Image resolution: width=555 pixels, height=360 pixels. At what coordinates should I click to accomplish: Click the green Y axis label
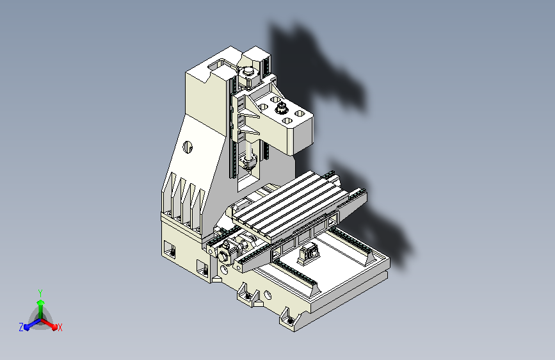[40, 293]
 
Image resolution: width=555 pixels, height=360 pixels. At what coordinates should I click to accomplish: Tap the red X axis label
[60, 327]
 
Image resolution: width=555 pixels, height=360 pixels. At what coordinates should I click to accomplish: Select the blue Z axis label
[21, 327]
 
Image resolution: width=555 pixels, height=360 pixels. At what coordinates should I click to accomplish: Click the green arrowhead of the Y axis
[41, 302]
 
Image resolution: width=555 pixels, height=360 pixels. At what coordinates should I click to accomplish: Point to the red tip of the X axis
[54, 327]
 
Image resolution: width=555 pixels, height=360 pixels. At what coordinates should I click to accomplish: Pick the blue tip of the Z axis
[26, 327]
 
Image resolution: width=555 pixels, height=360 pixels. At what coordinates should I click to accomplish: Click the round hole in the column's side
[188, 147]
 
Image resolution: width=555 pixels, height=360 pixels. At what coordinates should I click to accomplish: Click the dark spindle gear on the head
[282, 108]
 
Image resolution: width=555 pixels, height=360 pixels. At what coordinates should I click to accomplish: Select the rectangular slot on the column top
[216, 65]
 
